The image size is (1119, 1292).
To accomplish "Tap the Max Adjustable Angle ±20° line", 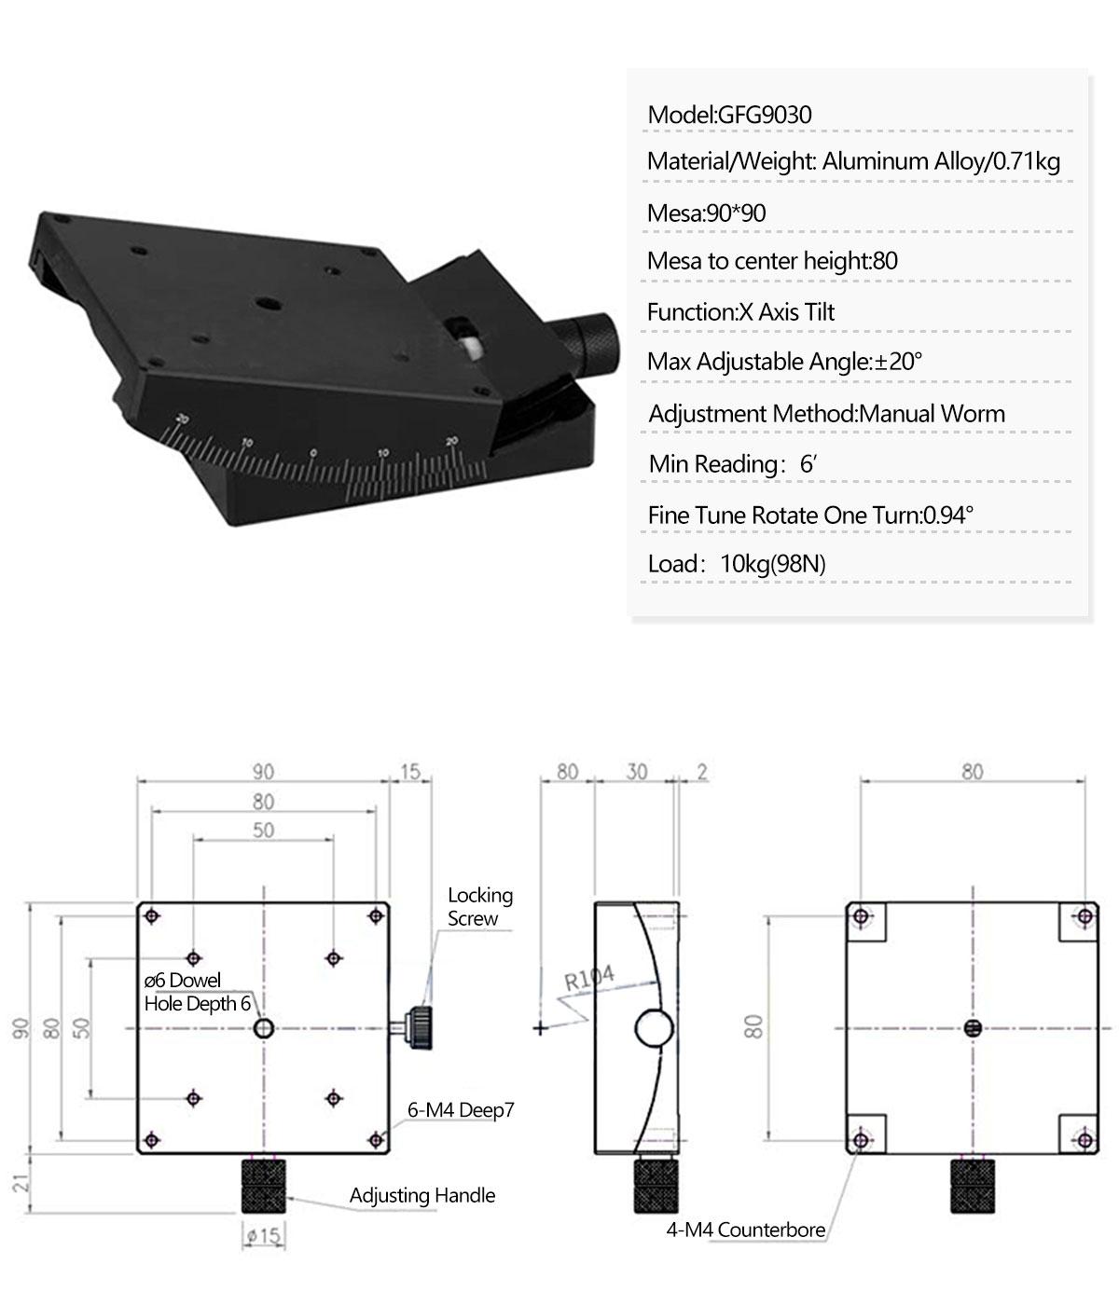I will (x=785, y=362).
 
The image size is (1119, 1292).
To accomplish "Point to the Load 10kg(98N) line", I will (x=737, y=564).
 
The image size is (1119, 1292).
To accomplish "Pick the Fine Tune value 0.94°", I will (x=948, y=515).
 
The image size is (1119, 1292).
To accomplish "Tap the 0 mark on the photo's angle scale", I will (x=313, y=453).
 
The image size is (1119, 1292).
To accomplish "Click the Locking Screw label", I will (x=479, y=906).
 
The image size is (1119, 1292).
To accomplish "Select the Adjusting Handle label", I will (x=421, y=1195).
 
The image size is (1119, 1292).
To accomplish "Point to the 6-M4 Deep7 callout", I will (x=461, y=1110).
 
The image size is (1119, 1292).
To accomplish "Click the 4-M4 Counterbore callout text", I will (x=745, y=1230).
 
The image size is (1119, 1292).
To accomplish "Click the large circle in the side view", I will (x=654, y=1028).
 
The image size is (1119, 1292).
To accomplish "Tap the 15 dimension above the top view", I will (x=410, y=772).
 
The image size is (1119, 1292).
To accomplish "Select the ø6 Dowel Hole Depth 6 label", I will (x=197, y=992).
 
